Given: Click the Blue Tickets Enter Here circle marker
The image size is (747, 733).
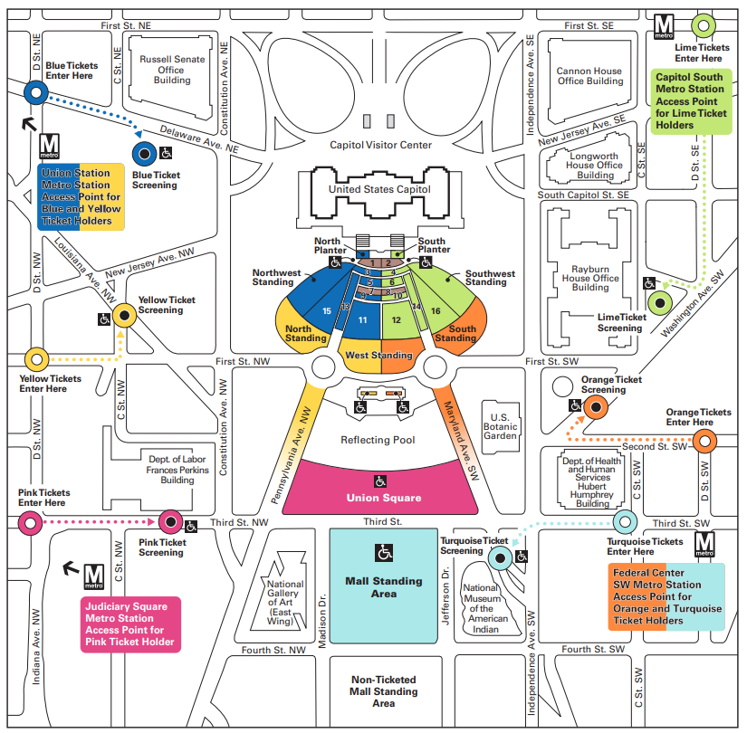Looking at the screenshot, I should (35, 91).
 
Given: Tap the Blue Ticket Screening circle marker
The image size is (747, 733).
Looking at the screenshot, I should (143, 154).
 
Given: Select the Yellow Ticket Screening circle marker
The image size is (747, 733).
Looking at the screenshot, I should (124, 315).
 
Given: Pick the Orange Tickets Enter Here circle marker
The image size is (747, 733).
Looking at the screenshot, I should (704, 441).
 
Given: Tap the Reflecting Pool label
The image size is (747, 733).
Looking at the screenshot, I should (378, 440).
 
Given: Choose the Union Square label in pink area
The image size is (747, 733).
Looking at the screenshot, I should (383, 498).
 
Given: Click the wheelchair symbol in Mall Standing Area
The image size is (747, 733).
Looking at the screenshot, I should (383, 552).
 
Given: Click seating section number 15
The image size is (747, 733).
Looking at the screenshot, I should (327, 310).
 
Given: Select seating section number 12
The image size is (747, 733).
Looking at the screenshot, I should (396, 319).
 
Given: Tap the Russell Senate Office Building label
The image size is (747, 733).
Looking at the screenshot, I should (172, 69).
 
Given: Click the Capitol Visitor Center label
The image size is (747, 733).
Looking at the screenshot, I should (380, 145).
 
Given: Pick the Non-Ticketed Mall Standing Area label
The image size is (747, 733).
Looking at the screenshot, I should (383, 691).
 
